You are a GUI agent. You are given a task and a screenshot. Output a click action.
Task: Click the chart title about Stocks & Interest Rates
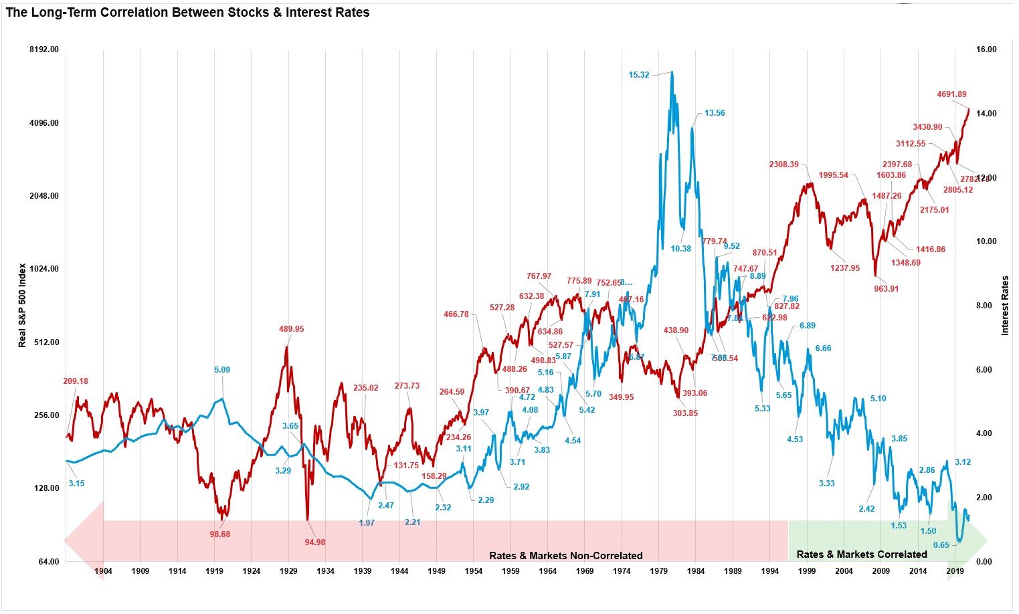click(187, 12)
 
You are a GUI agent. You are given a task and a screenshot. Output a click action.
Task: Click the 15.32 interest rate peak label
click(638, 75)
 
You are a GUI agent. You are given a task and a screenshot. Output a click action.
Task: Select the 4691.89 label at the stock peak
click(951, 94)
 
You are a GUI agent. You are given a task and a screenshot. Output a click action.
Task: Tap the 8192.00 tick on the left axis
click(44, 49)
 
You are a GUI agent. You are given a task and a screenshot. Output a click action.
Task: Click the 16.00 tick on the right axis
click(986, 49)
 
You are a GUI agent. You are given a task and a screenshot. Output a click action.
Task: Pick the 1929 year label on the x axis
click(288, 571)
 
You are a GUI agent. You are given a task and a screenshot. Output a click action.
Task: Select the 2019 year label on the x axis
click(955, 571)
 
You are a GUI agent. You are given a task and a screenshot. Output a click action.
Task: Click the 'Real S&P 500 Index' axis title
click(22, 305)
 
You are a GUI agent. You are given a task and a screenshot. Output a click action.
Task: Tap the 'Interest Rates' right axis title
click(1004, 305)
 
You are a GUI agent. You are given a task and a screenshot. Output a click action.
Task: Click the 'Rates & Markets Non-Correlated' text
click(565, 556)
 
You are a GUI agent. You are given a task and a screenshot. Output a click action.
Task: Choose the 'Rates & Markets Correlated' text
click(862, 554)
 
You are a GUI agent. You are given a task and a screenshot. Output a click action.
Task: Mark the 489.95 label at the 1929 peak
click(291, 329)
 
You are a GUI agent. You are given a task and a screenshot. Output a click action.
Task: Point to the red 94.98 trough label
click(314, 542)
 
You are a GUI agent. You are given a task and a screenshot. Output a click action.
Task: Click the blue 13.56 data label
click(715, 113)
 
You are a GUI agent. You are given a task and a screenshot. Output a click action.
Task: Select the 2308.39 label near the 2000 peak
click(783, 165)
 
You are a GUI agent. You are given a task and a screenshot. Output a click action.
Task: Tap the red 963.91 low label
click(886, 289)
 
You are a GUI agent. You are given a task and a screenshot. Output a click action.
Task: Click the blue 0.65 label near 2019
click(941, 545)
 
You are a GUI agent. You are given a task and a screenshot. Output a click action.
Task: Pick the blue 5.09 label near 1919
click(222, 370)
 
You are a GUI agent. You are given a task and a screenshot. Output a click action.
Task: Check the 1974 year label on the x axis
click(622, 571)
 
